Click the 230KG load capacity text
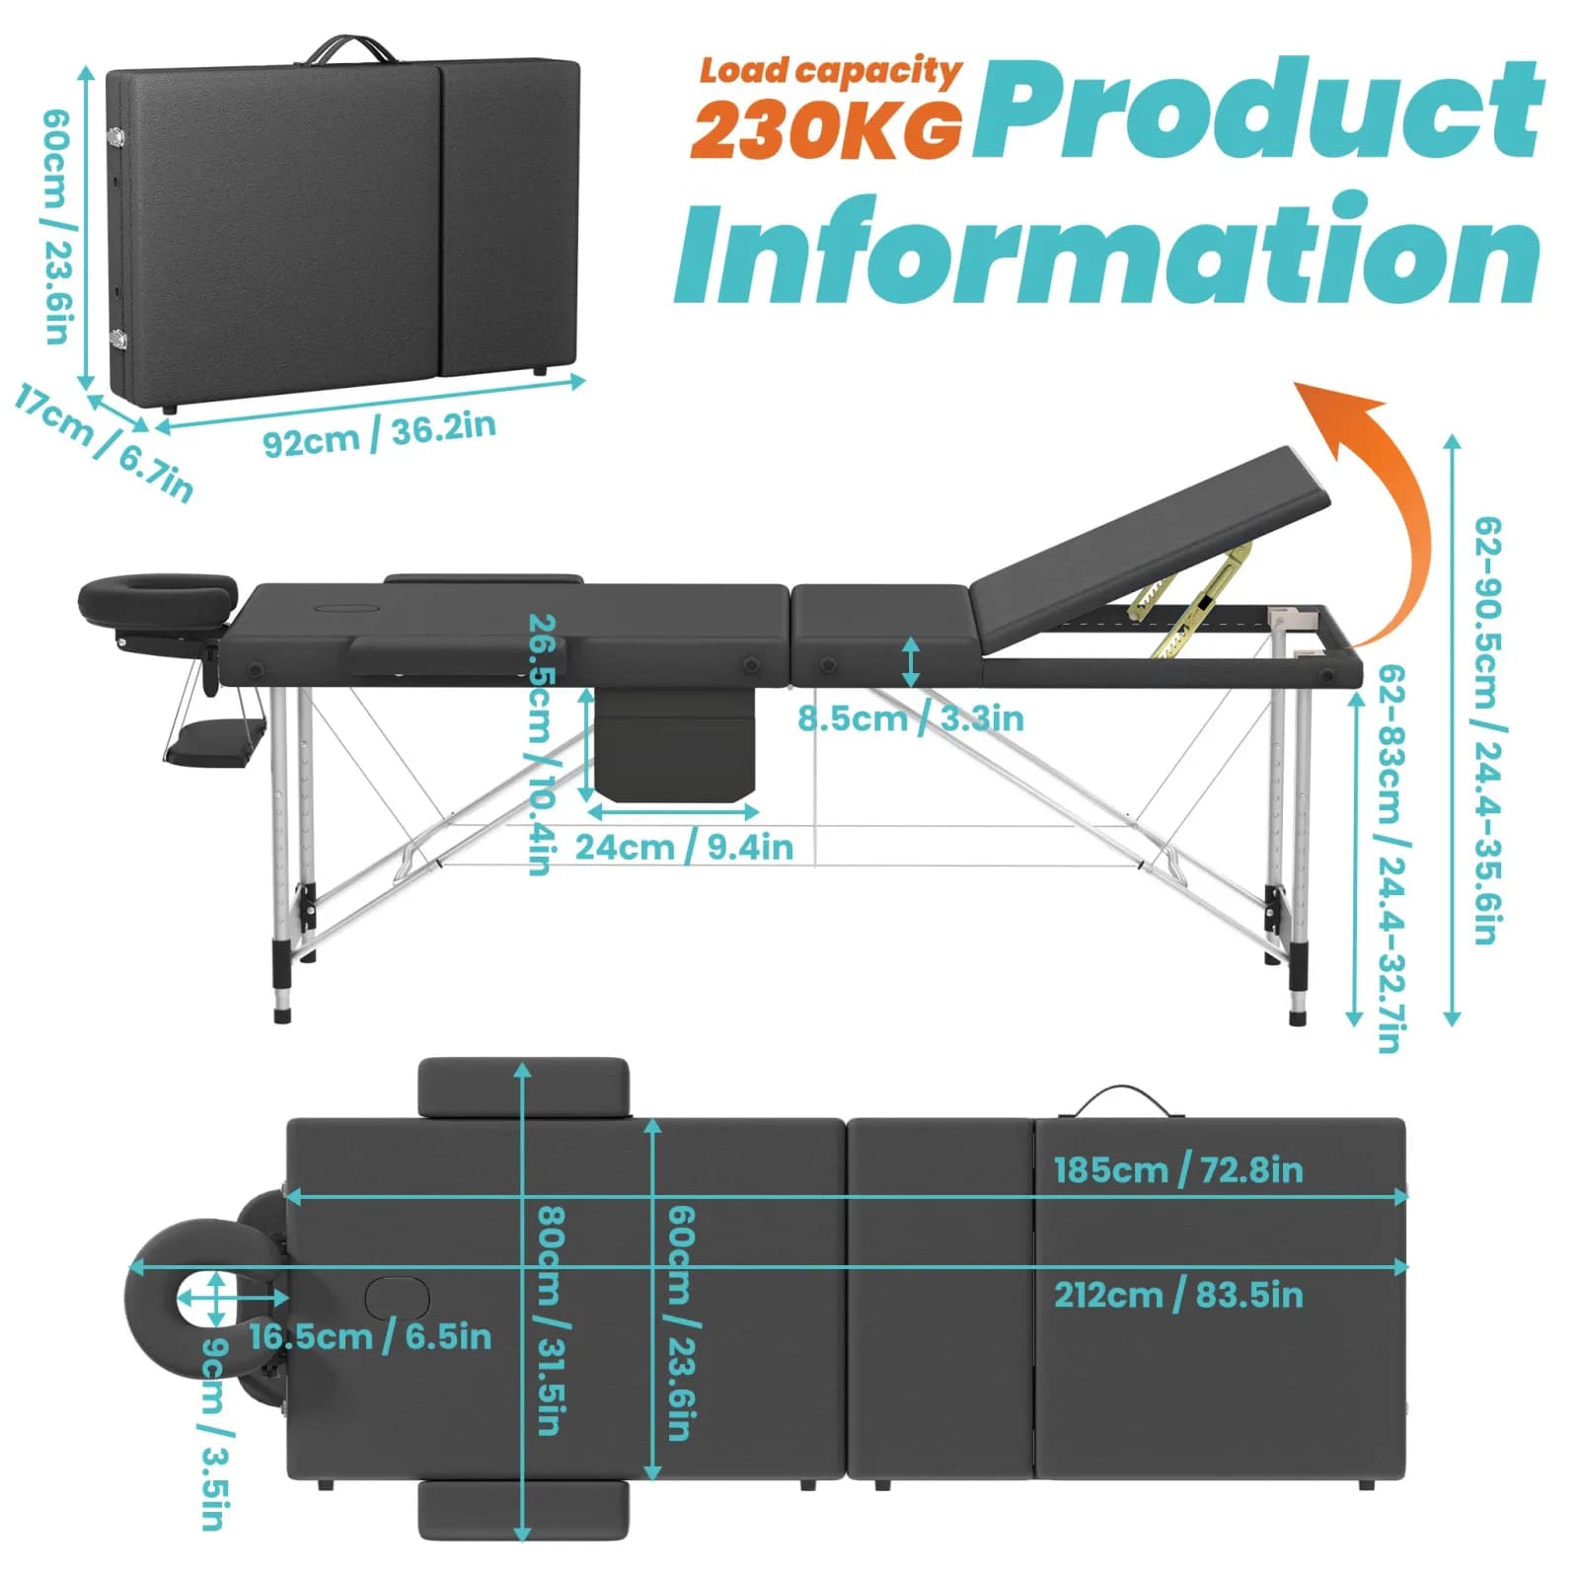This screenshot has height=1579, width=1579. point(827,129)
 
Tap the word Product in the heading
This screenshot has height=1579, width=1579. point(1257,109)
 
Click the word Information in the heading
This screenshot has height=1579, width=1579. point(1107,251)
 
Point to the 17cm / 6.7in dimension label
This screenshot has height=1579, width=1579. point(104,444)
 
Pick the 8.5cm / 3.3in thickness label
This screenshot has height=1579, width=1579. point(910,718)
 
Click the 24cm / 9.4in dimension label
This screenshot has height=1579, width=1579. point(683,847)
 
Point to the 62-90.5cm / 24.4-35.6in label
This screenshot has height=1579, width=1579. point(1488,730)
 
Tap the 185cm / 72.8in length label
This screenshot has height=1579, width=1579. point(1178,1170)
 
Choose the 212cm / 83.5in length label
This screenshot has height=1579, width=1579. point(1178,1295)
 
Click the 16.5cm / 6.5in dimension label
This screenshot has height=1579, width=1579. point(370,1337)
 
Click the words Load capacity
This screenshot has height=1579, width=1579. point(830,70)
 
